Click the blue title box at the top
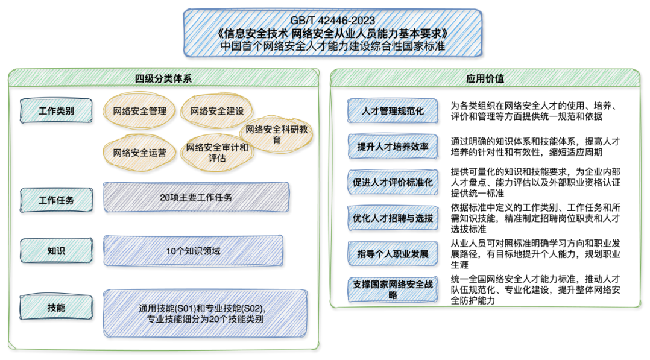[332, 33]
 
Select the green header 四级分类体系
[163, 78]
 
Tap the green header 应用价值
[485, 78]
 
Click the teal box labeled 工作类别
[56, 111]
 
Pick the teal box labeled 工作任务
[56, 200]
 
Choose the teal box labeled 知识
[56, 250]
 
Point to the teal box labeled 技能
[56, 307]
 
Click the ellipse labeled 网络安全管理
[139, 110]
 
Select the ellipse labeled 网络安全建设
[216, 110]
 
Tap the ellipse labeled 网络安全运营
[139, 152]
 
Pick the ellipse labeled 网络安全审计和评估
[216, 152]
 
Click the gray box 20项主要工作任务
[196, 197]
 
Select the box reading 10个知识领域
[193, 250]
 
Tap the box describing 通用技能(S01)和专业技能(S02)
[205, 313]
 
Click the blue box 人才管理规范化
[393, 111]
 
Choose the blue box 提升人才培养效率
[393, 147]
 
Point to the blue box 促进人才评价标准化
[393, 182]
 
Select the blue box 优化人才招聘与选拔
[393, 218]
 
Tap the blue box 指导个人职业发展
[393, 253]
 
